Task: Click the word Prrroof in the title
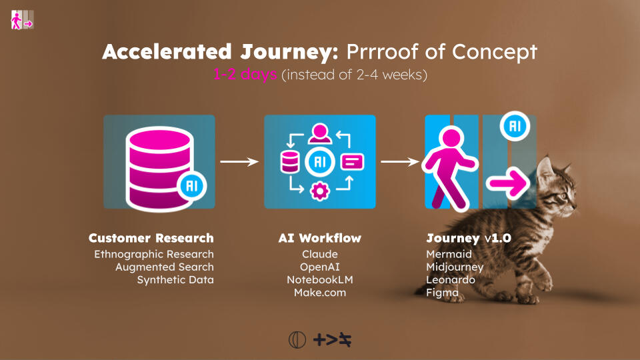pyautogui.click(x=376, y=52)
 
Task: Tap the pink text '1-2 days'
pyautogui.click(x=245, y=74)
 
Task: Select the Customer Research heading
pyautogui.click(x=151, y=238)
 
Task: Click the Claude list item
pyautogui.click(x=319, y=254)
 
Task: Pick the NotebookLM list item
pyautogui.click(x=319, y=279)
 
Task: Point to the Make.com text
pyautogui.click(x=319, y=292)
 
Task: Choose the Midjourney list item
pyautogui.click(x=455, y=267)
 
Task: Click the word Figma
pyautogui.click(x=443, y=293)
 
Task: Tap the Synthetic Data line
pyautogui.click(x=175, y=280)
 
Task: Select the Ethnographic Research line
pyautogui.click(x=154, y=254)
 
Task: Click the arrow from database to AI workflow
pyautogui.click(x=239, y=161)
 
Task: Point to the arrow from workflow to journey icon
pyautogui.click(x=400, y=161)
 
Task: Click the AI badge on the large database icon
pyautogui.click(x=192, y=186)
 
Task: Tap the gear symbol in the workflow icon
pyautogui.click(x=319, y=191)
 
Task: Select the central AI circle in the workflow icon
pyautogui.click(x=319, y=162)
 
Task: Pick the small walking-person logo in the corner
pyautogui.click(x=22, y=19)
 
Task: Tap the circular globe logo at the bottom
pyautogui.click(x=297, y=339)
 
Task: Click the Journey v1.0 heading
pyautogui.click(x=469, y=238)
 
